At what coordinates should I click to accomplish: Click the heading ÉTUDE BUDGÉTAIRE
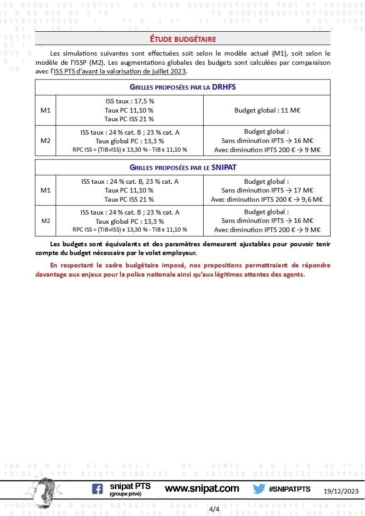pos(182,39)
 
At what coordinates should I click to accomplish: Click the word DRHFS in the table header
pos(224,87)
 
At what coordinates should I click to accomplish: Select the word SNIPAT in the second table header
pos(224,167)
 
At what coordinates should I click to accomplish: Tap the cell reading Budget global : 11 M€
pos(267,110)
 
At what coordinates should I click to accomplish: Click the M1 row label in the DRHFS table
pos(46,110)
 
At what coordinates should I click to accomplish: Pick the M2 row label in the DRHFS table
pos(46,141)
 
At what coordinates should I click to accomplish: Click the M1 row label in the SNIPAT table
pos(46,190)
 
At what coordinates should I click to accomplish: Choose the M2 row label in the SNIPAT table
pos(46,221)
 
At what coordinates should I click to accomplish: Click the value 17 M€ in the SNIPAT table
pos(305,190)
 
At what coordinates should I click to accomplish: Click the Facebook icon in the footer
pos(97,489)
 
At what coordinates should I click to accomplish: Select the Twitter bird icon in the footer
pos(259,489)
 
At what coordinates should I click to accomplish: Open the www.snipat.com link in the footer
pos(202,488)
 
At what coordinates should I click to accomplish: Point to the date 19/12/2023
pos(341,491)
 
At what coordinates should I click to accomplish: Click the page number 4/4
pos(214,509)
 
